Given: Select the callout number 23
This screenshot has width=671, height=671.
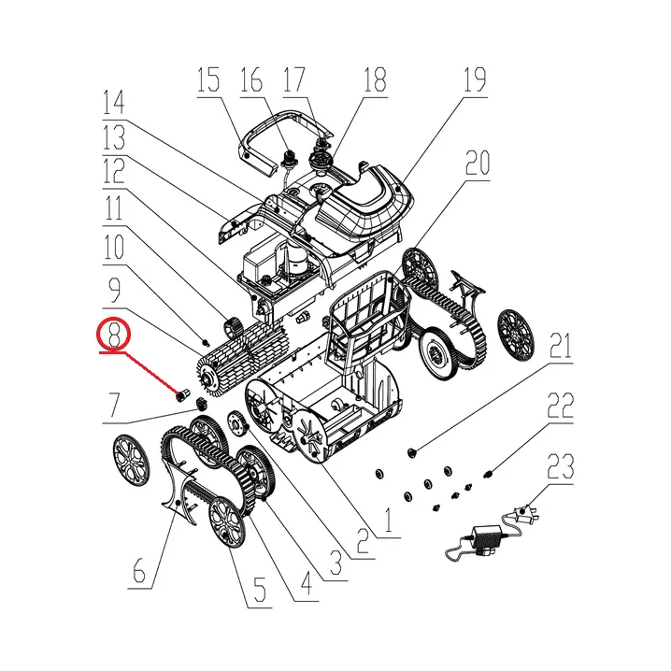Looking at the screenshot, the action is pos(560,467).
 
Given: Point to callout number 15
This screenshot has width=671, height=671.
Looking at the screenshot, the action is pos(208,80).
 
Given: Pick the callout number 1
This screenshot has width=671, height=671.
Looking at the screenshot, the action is pos(387,520).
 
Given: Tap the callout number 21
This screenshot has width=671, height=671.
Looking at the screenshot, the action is pos(560,346).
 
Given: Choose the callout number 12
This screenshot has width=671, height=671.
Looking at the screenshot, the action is pos(113,170).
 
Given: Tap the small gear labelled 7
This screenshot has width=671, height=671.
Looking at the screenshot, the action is pos(200,404).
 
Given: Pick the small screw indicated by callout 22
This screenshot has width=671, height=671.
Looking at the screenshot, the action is pos(488,474).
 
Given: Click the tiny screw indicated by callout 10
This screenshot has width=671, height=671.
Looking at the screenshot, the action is pos(206,341).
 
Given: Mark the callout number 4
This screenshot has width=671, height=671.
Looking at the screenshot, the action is pos(306,580).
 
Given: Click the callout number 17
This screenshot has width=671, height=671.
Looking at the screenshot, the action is pos(293,80).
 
